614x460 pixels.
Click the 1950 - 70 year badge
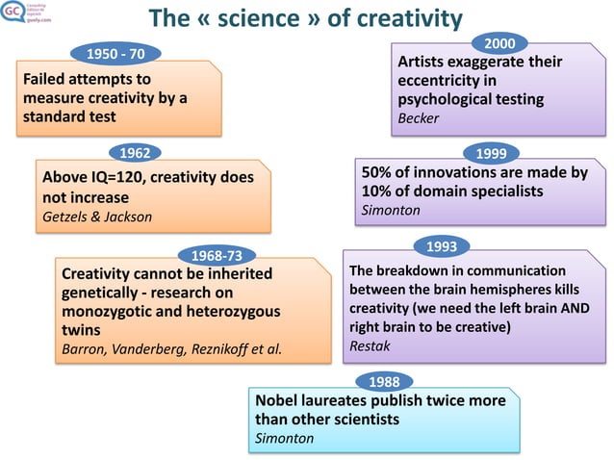click(x=116, y=51)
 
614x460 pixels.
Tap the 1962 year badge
click(x=134, y=152)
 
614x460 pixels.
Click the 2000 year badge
click(x=499, y=43)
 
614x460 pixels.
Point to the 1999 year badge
click(x=492, y=153)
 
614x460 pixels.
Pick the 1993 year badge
click(x=442, y=246)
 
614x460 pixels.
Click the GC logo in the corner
click(x=13, y=14)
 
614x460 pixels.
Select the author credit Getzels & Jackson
click(x=97, y=217)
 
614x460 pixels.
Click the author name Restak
click(x=370, y=345)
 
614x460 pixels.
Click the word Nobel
click(x=280, y=399)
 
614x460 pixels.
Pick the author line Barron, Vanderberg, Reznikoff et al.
click(x=172, y=348)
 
